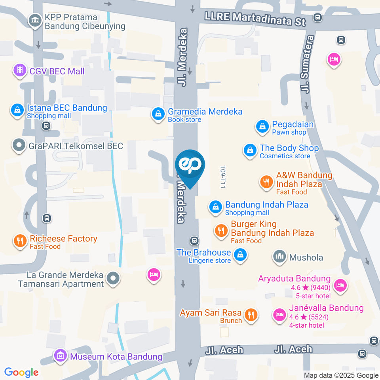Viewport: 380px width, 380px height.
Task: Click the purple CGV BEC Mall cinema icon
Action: point(19,71)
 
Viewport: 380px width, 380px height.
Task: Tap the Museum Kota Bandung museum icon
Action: point(61,355)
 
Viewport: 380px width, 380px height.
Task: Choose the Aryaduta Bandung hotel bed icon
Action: point(340,284)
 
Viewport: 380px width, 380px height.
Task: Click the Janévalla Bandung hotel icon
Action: point(279,315)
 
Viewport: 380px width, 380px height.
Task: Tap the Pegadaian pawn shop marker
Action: point(262,127)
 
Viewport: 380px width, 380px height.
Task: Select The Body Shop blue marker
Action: point(250,150)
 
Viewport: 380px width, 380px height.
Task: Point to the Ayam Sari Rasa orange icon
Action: point(251,315)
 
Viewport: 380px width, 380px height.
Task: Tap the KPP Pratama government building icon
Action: point(35,21)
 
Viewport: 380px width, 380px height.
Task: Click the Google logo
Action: point(21,372)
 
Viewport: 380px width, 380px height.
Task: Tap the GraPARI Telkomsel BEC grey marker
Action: point(19,146)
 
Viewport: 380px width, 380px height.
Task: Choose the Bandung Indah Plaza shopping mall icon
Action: point(216,207)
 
